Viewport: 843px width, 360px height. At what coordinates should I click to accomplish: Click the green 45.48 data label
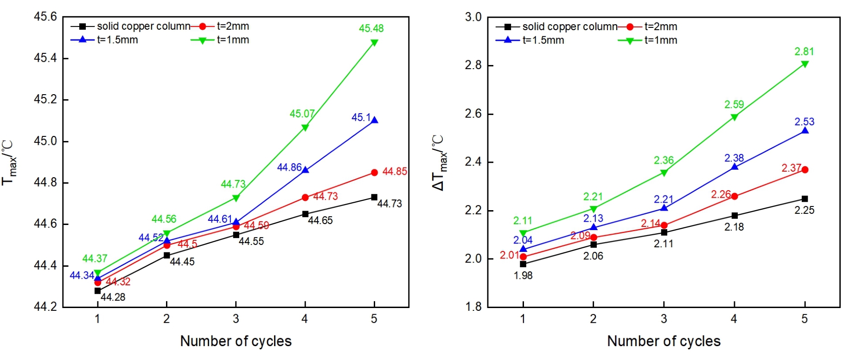(371, 28)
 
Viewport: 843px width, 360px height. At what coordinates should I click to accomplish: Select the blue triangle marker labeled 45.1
(374, 120)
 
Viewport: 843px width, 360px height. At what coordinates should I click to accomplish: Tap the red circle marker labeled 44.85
(374, 173)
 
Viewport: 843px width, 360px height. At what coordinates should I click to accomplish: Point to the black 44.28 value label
(113, 297)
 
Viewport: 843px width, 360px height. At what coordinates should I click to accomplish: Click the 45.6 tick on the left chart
(45, 17)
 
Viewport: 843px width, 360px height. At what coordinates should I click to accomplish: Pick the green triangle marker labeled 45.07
(305, 128)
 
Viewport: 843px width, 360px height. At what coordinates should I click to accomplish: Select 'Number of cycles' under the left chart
(236, 341)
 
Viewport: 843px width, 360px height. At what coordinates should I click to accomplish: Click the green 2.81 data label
(804, 51)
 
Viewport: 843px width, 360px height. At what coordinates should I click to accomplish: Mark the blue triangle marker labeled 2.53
(805, 131)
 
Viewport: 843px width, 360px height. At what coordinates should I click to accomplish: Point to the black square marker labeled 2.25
(805, 199)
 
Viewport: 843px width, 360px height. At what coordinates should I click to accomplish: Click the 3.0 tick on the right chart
(473, 17)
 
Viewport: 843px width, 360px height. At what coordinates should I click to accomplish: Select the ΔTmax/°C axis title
(438, 162)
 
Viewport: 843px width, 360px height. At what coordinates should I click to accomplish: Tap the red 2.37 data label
(791, 168)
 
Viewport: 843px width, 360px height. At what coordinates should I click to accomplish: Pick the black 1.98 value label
(523, 275)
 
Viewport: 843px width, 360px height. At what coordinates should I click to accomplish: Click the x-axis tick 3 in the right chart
(664, 319)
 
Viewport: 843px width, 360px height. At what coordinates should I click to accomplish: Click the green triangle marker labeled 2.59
(734, 117)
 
